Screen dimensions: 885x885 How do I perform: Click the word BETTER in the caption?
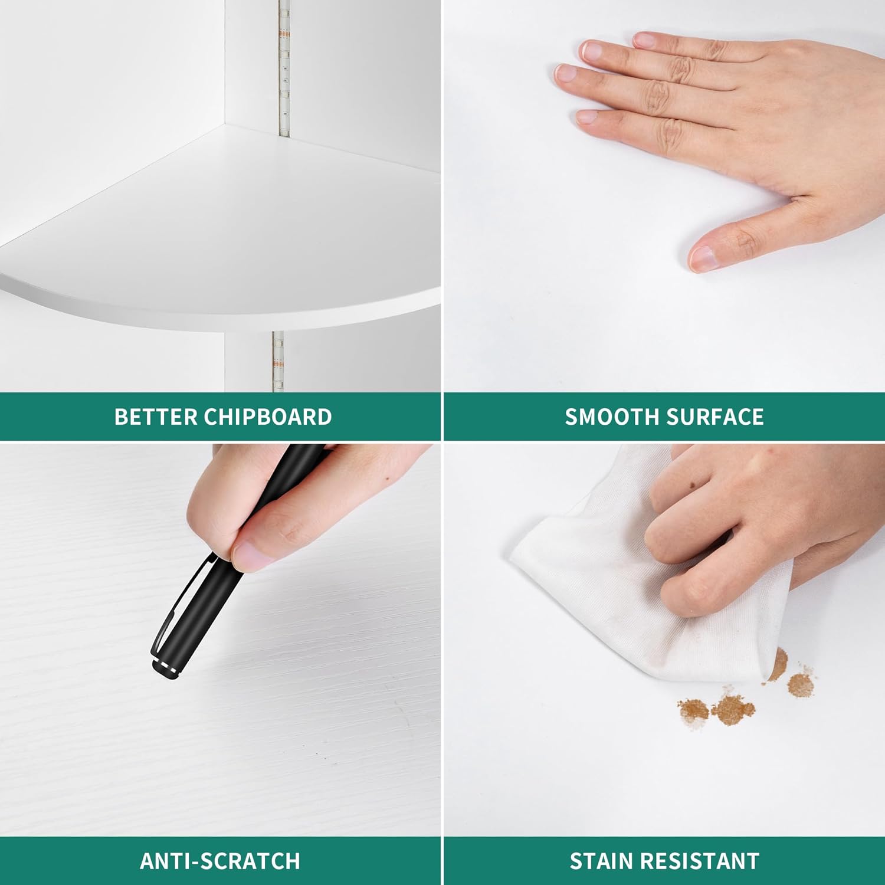tap(156, 417)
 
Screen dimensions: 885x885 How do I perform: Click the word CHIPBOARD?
tap(268, 417)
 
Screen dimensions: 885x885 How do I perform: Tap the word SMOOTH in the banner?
tap(612, 417)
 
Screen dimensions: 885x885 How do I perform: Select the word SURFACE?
tap(715, 417)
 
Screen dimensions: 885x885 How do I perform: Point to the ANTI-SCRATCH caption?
tap(220, 861)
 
